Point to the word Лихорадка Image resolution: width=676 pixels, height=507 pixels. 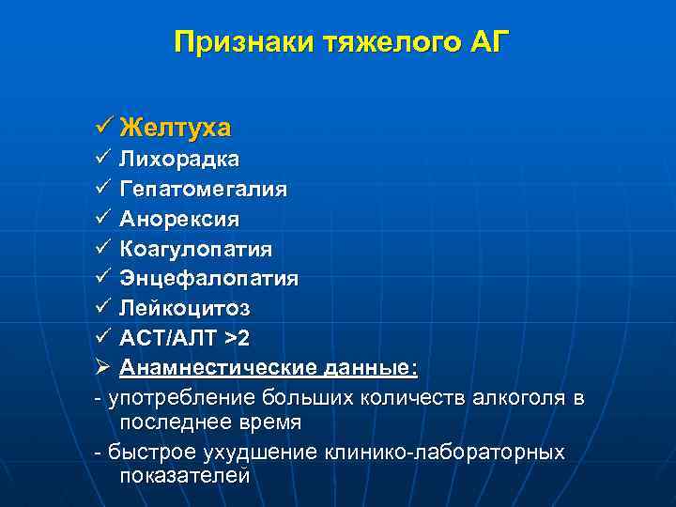pyautogui.click(x=179, y=160)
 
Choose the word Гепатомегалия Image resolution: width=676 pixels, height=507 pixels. pyautogui.click(x=204, y=190)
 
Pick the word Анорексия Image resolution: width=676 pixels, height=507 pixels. pyautogui.click(x=179, y=219)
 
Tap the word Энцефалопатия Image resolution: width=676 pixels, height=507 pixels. pyautogui.click(x=209, y=279)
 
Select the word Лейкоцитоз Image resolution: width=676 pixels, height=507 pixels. pyautogui.click(x=185, y=308)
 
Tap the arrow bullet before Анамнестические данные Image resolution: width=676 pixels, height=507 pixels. pyautogui.click(x=103, y=368)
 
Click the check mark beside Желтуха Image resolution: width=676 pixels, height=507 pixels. pyautogui.click(x=103, y=126)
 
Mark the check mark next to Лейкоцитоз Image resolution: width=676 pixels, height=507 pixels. pyautogui.click(x=103, y=308)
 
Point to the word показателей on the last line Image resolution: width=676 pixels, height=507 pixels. pyautogui.click(x=185, y=475)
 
